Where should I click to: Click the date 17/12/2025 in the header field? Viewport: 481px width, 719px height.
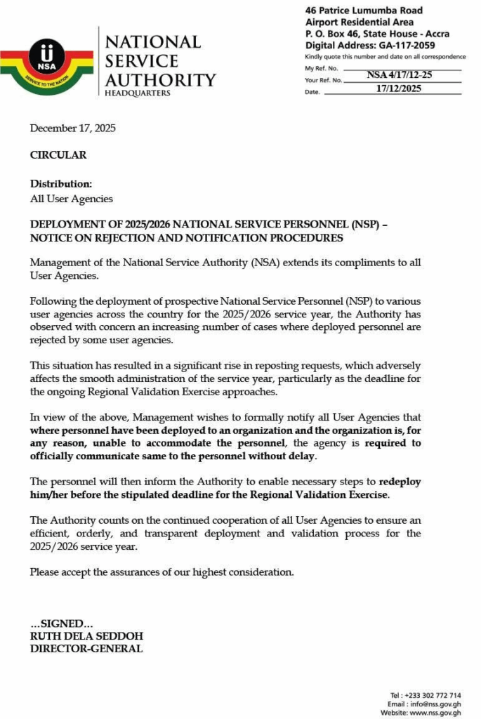pyautogui.click(x=398, y=88)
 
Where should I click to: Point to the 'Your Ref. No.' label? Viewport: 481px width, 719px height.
pyautogui.click(x=323, y=80)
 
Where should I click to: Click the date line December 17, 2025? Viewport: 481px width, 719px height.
pyautogui.click(x=72, y=128)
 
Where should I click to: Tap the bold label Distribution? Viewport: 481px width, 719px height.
pyautogui.click(x=61, y=184)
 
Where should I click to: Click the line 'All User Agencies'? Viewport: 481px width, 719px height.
pyautogui.click(x=71, y=199)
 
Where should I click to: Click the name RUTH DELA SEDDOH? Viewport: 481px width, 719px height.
pyautogui.click(x=86, y=636)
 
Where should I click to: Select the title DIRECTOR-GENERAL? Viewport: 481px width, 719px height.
pyautogui.click(x=86, y=649)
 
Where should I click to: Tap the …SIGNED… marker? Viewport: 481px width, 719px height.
pyautogui.click(x=61, y=624)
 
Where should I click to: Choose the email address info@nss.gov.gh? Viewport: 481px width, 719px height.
pyautogui.click(x=435, y=704)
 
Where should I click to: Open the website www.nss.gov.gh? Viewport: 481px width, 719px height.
pyautogui.click(x=435, y=713)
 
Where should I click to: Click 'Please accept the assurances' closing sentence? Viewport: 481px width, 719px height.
pyautogui.click(x=162, y=572)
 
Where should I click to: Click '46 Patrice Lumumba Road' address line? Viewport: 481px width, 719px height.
pyautogui.click(x=364, y=11)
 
